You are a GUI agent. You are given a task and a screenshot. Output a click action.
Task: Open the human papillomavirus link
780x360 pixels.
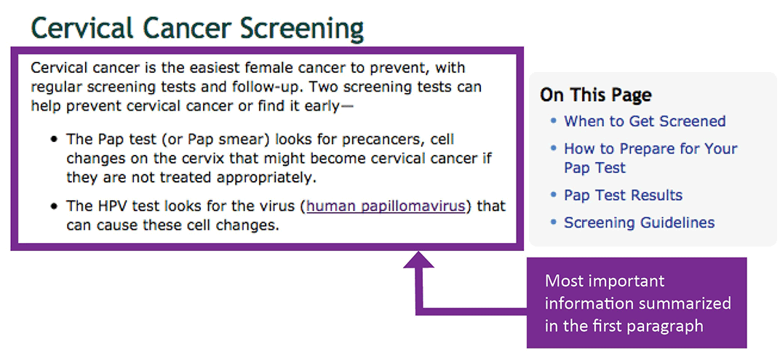[x=386, y=207]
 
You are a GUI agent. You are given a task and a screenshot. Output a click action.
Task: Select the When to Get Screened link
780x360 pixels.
[x=645, y=121]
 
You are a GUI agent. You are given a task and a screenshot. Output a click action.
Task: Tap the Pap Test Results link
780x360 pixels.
[x=624, y=195]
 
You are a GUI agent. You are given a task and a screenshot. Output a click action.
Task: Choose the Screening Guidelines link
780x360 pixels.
[x=640, y=223]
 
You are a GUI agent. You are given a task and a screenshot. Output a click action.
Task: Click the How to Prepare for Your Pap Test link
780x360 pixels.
[x=650, y=158]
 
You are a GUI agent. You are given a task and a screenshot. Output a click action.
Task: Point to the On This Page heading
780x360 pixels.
[x=596, y=95]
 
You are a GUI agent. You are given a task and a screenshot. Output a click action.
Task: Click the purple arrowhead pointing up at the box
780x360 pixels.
[x=418, y=260]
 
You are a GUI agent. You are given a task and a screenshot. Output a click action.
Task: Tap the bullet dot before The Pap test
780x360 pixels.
[x=54, y=140]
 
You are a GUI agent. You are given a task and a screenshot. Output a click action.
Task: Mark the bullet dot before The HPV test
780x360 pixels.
[x=54, y=207]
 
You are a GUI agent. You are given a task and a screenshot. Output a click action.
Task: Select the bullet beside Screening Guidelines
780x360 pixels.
[x=554, y=223]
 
